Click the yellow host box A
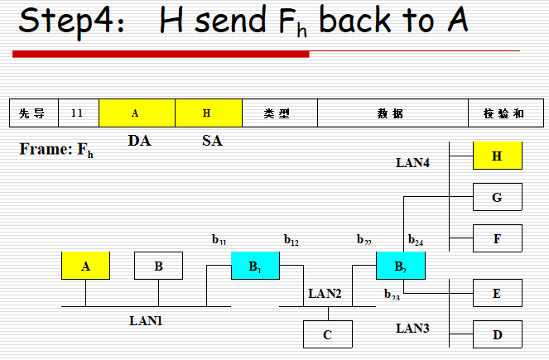85,266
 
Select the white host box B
158,266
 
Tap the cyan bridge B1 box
255,266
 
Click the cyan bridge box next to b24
401,266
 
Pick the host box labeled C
328,334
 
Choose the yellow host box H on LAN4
498,156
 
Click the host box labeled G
498,197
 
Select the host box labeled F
498,238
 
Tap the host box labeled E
498,293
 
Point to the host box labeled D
498,334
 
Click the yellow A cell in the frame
137,113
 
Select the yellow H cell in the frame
209,113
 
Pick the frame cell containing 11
78,113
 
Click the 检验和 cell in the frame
503,113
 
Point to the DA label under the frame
139,141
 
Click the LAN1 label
146,319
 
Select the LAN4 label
412,163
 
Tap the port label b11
219,241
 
